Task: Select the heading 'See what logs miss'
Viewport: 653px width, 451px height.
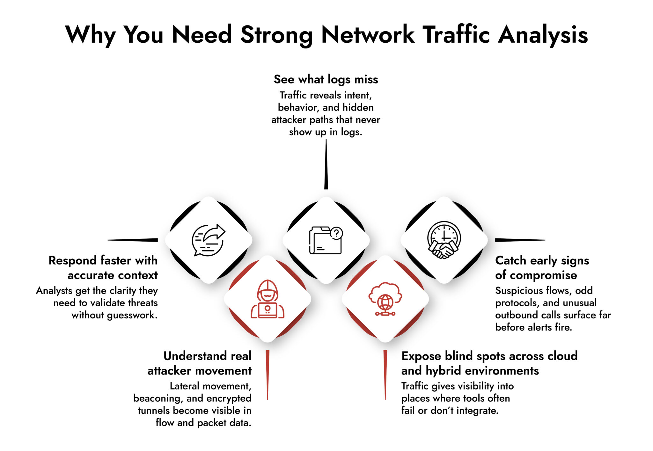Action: tap(326, 79)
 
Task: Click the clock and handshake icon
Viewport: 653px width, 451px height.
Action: tap(444, 240)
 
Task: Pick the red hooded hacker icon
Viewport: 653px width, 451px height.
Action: tap(268, 299)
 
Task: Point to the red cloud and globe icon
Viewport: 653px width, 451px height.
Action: tap(385, 299)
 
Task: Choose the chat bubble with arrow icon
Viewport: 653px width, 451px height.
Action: tap(208, 240)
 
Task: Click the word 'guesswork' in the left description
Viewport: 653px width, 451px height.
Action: tap(132, 315)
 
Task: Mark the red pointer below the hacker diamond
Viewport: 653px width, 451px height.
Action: tap(268, 375)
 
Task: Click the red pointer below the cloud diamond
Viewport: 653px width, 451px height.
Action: tap(385, 375)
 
